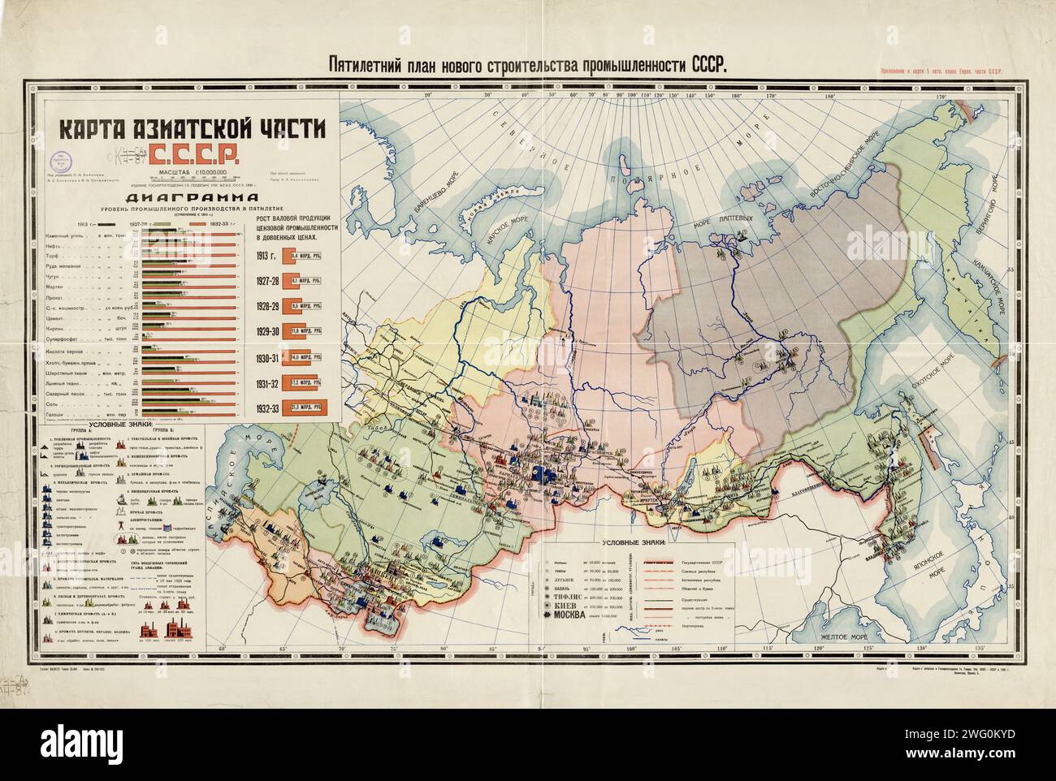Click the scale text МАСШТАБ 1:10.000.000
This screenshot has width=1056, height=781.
188,171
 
